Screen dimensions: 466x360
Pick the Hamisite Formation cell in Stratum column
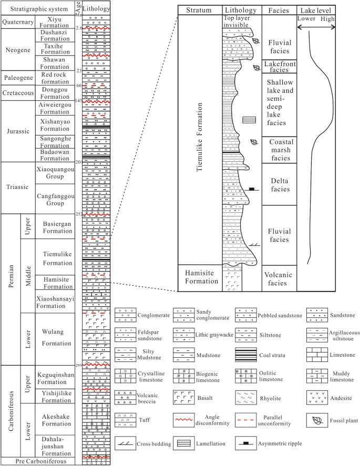199,277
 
